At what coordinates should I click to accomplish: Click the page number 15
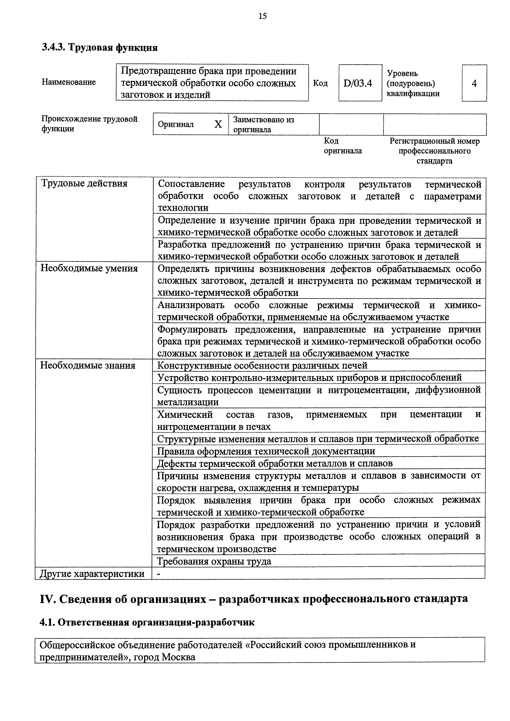(x=263, y=16)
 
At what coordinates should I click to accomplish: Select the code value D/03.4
(x=358, y=83)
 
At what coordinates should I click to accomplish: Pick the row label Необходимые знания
(x=88, y=365)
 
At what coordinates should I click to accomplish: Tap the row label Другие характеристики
(x=92, y=574)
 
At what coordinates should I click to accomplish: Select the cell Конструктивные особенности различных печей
(x=262, y=365)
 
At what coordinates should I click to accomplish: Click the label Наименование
(x=69, y=82)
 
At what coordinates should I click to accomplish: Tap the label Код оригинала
(x=343, y=146)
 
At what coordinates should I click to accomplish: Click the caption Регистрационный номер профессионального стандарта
(x=435, y=151)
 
